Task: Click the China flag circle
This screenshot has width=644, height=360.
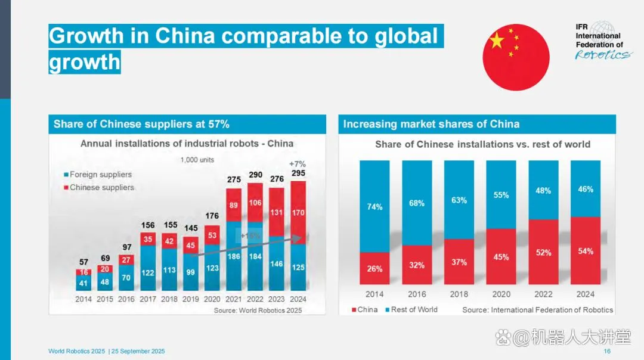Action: pos(516,57)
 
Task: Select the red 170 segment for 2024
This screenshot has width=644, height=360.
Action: pos(298,212)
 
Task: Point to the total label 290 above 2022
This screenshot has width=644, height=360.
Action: pos(255,175)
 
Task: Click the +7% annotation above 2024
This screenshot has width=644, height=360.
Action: pos(298,164)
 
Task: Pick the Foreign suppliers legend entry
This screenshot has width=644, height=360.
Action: pos(98,175)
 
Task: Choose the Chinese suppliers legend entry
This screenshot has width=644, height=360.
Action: pos(99,187)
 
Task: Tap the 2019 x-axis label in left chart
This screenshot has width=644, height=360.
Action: pos(191,299)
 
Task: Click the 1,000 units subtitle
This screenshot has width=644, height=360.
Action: pos(197,160)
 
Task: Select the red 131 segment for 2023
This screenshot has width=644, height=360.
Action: pos(276,212)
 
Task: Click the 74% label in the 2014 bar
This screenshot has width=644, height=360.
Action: pos(374,207)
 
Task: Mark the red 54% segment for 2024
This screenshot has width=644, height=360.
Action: pos(586,251)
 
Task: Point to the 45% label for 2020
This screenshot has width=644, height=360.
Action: pos(501,257)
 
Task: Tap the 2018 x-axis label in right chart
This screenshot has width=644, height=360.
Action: pos(459,294)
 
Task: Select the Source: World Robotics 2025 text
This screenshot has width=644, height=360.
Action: pos(258,310)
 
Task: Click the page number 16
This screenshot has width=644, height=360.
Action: pos(607,352)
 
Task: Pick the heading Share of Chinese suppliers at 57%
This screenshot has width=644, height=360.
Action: pos(141,124)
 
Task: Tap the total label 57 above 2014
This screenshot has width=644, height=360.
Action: pos(84,262)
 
